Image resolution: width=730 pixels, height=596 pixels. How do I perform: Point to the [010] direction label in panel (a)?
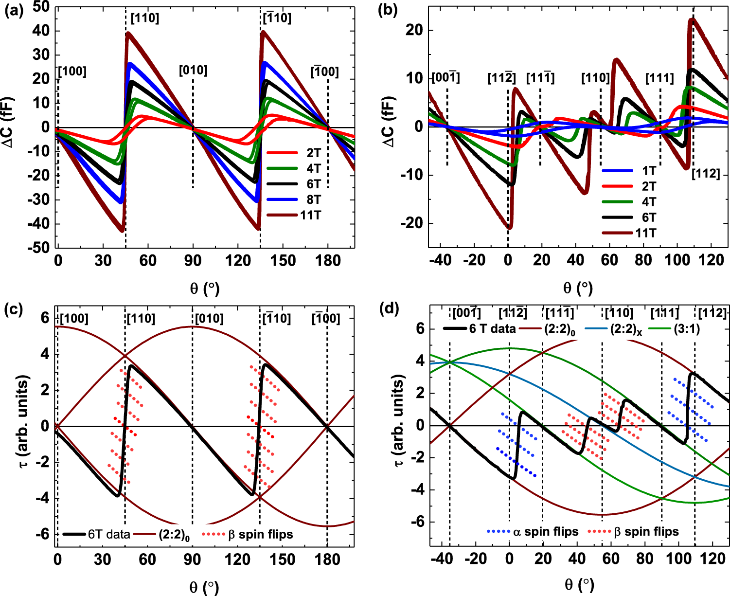(193, 71)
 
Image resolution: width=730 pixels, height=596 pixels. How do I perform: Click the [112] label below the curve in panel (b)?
(706, 173)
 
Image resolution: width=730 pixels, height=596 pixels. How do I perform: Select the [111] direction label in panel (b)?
(659, 78)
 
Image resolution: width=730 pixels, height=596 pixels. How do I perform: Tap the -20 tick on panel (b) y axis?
(411, 223)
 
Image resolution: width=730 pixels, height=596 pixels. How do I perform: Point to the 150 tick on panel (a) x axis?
(283, 261)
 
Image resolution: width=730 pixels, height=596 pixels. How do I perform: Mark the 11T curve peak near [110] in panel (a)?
(127, 33)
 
